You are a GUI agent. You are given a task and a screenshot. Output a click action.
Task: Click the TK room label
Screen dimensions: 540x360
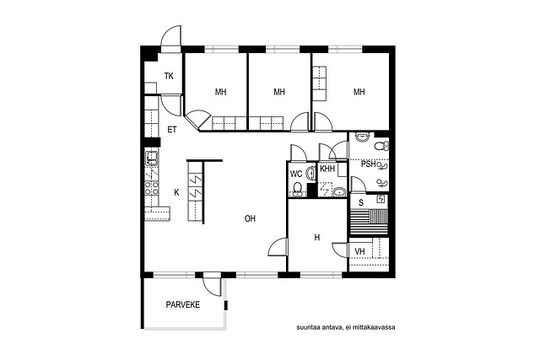pyautogui.click(x=169, y=76)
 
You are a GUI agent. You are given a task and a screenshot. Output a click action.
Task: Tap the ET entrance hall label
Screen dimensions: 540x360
pyautogui.click(x=172, y=130)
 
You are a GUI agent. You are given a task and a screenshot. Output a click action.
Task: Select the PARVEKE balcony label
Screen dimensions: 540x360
pyautogui.click(x=182, y=304)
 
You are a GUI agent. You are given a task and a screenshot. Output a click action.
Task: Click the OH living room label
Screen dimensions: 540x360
pyautogui.click(x=250, y=218)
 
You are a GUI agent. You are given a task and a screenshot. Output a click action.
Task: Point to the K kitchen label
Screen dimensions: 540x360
pyautogui.click(x=176, y=192)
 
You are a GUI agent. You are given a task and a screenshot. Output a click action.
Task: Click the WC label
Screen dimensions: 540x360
pyautogui.click(x=296, y=175)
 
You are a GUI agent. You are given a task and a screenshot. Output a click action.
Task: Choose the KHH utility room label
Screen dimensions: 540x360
pyautogui.click(x=327, y=169)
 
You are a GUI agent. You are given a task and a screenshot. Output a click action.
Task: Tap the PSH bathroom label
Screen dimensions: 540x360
pyautogui.click(x=369, y=164)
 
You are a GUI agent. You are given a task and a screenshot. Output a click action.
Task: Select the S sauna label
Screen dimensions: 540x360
pyautogui.click(x=361, y=203)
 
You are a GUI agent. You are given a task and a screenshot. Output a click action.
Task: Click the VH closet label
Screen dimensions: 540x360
pyautogui.click(x=359, y=251)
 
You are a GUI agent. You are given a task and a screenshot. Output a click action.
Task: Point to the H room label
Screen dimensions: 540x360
pyautogui.click(x=317, y=238)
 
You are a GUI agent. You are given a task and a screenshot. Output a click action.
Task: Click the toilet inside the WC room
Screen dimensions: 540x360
pyautogui.click(x=298, y=189)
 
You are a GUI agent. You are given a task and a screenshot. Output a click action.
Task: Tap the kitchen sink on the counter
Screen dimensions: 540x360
pyautogui.click(x=152, y=158)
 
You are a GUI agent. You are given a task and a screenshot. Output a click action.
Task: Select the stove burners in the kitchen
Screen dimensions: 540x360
pyautogui.click(x=152, y=188)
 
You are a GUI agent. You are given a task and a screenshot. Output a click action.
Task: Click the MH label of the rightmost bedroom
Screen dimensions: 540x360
pyautogui.click(x=359, y=92)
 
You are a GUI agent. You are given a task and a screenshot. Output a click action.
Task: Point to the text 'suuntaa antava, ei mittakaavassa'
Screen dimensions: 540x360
pyautogui.click(x=346, y=327)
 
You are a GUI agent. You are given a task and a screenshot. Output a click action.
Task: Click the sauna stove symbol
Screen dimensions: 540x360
pyautogui.click(x=381, y=199)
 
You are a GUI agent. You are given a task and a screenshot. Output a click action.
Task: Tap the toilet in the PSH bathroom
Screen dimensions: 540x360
pyautogui.click(x=381, y=146)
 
